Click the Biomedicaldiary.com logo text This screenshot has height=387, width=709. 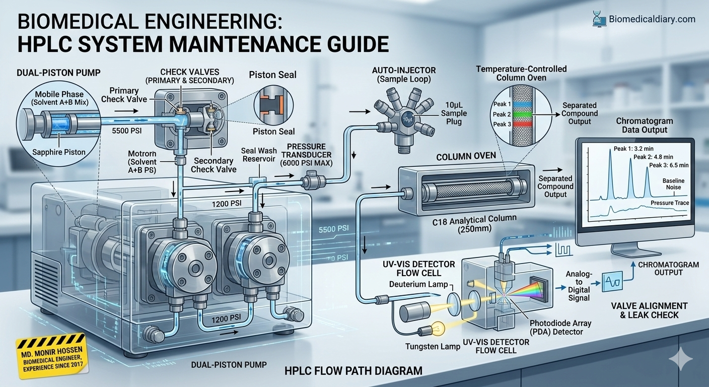(652, 19)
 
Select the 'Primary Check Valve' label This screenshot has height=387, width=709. (124, 95)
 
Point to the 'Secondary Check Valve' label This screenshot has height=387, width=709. (213, 164)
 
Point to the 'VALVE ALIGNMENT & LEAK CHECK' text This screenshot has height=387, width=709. (649, 310)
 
